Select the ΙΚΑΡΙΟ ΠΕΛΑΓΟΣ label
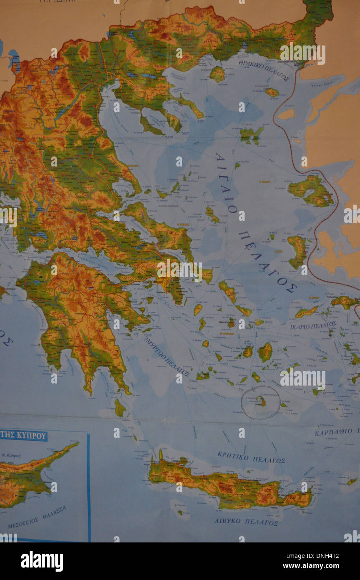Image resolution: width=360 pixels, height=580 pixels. [313, 325]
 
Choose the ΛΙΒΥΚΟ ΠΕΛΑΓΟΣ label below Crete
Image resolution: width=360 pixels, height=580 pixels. [246, 522]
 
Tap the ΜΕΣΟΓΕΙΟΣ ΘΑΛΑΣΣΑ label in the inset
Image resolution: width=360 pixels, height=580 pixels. [37, 517]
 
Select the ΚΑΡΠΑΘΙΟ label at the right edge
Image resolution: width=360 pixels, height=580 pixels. [336, 431]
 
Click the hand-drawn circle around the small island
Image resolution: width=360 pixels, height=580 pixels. [261, 403]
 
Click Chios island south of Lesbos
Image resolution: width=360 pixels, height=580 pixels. [297, 251]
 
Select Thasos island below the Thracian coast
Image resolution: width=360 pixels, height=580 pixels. [217, 74]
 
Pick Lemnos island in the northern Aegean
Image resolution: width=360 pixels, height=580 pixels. [251, 134]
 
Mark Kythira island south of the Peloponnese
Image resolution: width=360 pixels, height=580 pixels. [120, 408]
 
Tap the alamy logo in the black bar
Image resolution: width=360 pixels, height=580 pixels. [42, 561]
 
